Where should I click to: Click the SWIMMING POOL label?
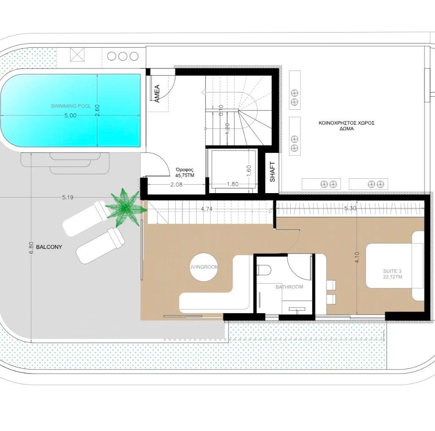coord(71,106)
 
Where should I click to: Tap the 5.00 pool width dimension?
coord(71,115)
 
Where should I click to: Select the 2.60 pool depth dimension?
coord(97,110)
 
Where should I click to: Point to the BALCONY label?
coord(49,247)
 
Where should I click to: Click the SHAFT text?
coord(272,172)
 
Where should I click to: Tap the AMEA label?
coord(157,93)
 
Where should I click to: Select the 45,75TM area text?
coord(185,175)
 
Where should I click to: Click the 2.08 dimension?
coord(177,184)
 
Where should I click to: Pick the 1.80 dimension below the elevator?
coord(232,184)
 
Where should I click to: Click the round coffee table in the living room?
coord(204,267)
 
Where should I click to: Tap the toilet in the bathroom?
coord(264,270)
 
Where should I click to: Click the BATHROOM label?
coord(289,287)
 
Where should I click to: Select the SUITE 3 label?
coord(392,271)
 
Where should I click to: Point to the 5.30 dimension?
coord(350,208)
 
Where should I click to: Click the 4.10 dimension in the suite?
coord(357,257)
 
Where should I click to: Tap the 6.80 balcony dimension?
coord(31,248)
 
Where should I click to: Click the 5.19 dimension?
coord(68,198)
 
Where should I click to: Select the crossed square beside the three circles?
coord(77,55)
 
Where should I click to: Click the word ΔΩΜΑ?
coord(346,129)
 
